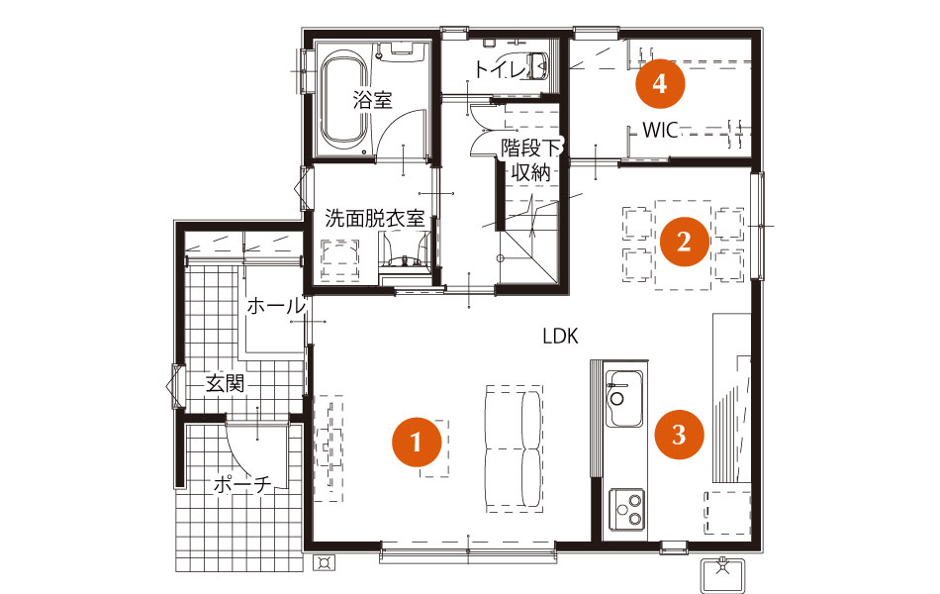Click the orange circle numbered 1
[x=417, y=443]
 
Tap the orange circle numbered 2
[x=684, y=242]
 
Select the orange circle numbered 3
[x=679, y=434]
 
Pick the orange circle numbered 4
[x=660, y=83]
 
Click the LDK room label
[x=560, y=336]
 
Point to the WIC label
[x=660, y=130]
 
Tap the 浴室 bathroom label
[x=372, y=99]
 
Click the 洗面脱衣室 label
[x=375, y=218]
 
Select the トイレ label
[x=500, y=69]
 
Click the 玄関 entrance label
[x=225, y=383]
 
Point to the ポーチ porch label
[x=242, y=484]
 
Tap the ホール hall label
[x=276, y=306]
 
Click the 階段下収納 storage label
[x=530, y=160]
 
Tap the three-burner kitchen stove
[x=627, y=509]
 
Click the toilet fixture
[x=537, y=64]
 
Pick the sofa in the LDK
[x=514, y=448]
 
